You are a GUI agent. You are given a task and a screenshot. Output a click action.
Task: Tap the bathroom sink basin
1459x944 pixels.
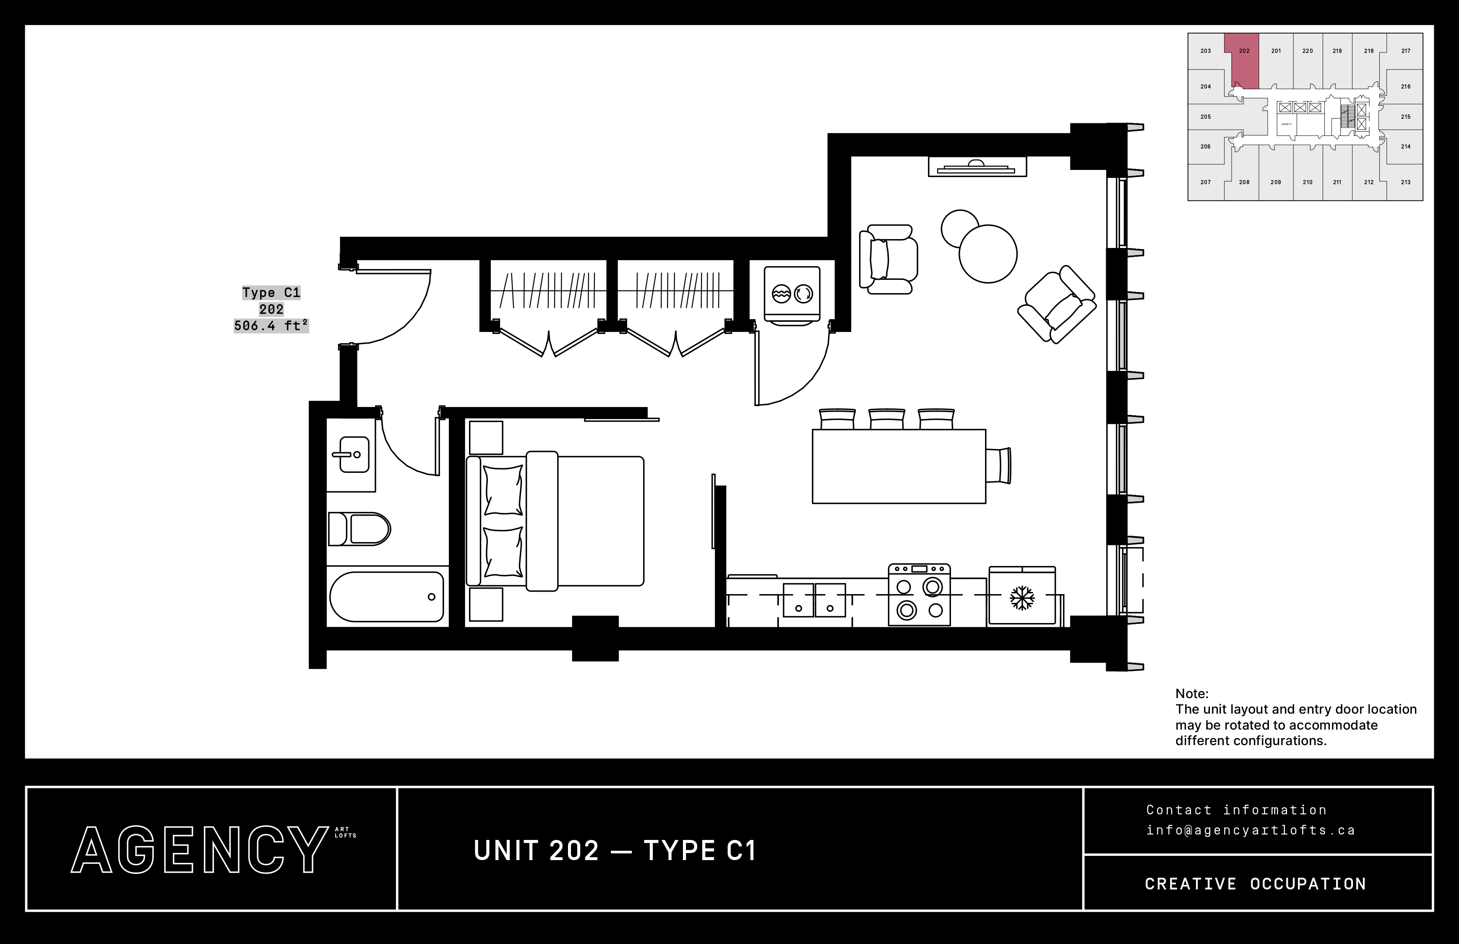point(354,454)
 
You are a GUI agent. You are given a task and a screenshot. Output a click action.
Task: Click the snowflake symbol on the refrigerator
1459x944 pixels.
point(1021,598)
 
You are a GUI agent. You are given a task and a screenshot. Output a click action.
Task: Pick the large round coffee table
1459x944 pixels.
point(988,254)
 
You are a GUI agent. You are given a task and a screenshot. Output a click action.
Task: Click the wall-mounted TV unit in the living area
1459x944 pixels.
point(977,166)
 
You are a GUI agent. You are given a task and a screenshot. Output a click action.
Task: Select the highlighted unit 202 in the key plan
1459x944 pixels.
point(1244,61)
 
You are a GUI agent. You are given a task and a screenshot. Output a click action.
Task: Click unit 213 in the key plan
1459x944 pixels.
point(1405,182)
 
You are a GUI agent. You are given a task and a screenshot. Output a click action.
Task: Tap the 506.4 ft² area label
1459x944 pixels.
point(271,326)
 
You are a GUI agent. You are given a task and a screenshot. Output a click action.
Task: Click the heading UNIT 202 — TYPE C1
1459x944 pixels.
point(615,851)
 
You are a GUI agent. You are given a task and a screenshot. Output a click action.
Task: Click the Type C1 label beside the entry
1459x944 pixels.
point(271,293)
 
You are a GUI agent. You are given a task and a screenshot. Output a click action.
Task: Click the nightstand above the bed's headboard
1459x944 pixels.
point(486,438)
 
